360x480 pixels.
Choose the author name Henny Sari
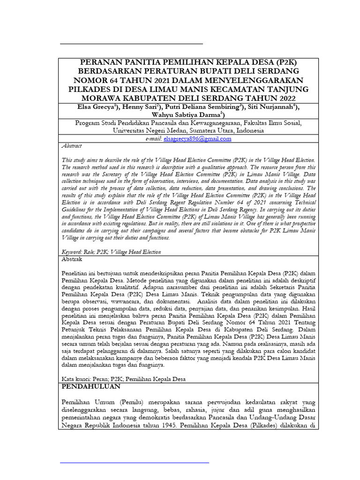(x=140, y=107)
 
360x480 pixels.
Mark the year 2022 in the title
(x=281, y=98)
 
